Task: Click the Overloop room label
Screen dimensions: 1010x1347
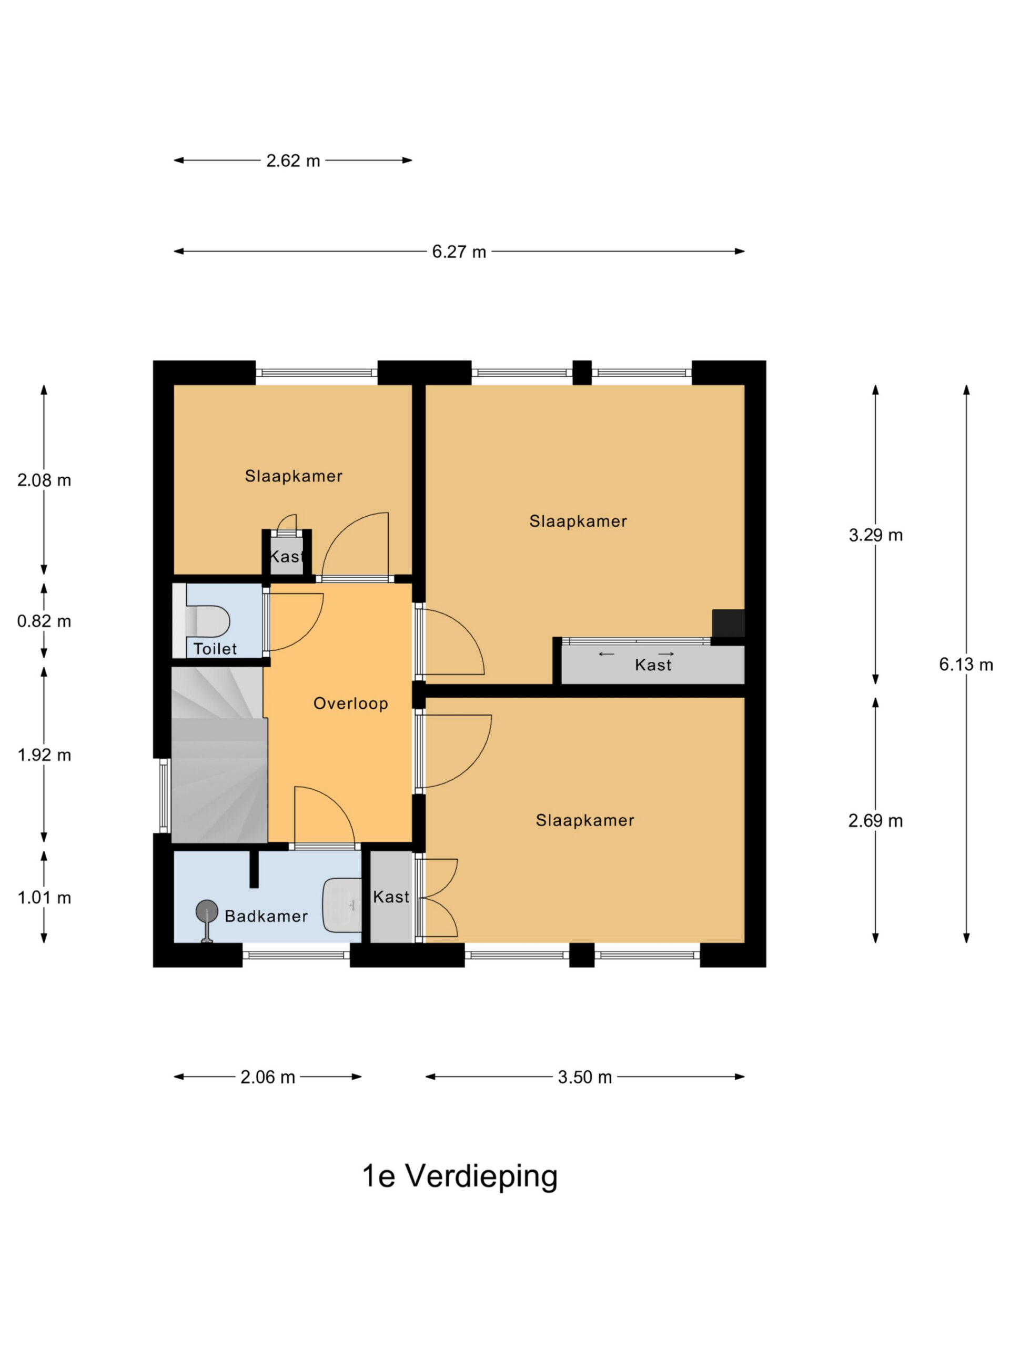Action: [x=351, y=703]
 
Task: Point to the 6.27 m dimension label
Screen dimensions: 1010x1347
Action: [x=459, y=252]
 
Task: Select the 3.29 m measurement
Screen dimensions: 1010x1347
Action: [x=875, y=535]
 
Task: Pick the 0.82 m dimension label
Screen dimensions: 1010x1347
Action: [x=44, y=621]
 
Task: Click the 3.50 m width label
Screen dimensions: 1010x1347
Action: [x=584, y=1077]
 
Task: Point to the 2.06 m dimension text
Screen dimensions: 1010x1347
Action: [x=267, y=1077]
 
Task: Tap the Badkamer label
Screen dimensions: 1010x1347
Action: [x=266, y=916]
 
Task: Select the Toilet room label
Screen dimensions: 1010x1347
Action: [x=215, y=649]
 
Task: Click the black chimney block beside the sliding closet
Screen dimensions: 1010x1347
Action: [x=728, y=623]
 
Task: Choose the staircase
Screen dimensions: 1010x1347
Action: [x=219, y=755]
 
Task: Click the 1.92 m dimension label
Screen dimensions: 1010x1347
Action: [x=44, y=755]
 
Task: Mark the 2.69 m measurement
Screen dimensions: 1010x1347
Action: [x=875, y=821]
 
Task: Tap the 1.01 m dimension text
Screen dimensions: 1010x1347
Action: [x=44, y=898]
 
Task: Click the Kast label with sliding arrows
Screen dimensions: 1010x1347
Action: [x=653, y=665]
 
